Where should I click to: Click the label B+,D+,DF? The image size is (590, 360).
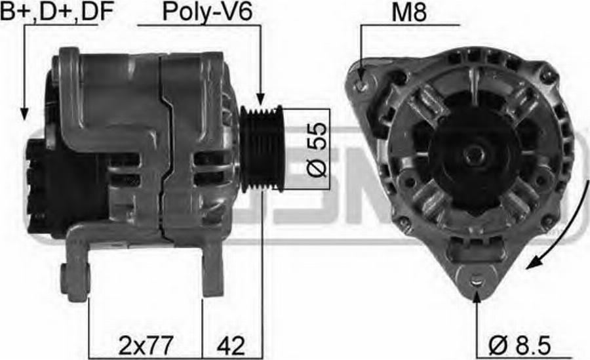pos(57,11)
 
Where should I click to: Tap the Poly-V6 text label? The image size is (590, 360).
pos(207,12)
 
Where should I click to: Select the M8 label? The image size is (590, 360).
pos(409,12)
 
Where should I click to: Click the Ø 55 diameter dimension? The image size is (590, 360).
pos(317,150)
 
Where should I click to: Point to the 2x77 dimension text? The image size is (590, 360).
pos(146,346)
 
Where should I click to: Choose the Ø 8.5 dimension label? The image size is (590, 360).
pos(520,346)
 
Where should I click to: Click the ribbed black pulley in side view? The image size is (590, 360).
pos(261,149)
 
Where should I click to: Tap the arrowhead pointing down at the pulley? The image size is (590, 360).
pos(260,98)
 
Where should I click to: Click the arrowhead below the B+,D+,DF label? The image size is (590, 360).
pos(24,113)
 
